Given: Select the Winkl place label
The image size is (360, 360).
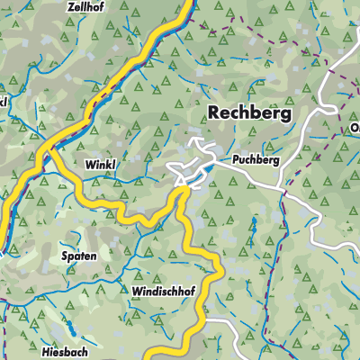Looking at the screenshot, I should pos(102,165).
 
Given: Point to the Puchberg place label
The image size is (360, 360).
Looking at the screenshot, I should pos(255,159).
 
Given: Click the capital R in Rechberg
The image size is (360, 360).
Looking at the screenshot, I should pos(215,112).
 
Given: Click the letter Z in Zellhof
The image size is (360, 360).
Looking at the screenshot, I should pos(70,5).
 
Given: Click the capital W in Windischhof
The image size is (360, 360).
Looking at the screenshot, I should pos(136,292).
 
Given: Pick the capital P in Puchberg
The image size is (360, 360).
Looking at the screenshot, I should pos(235,159).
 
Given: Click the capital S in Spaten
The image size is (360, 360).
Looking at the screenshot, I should pos(65,256).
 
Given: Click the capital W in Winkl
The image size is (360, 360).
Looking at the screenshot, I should pos(90,165).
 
